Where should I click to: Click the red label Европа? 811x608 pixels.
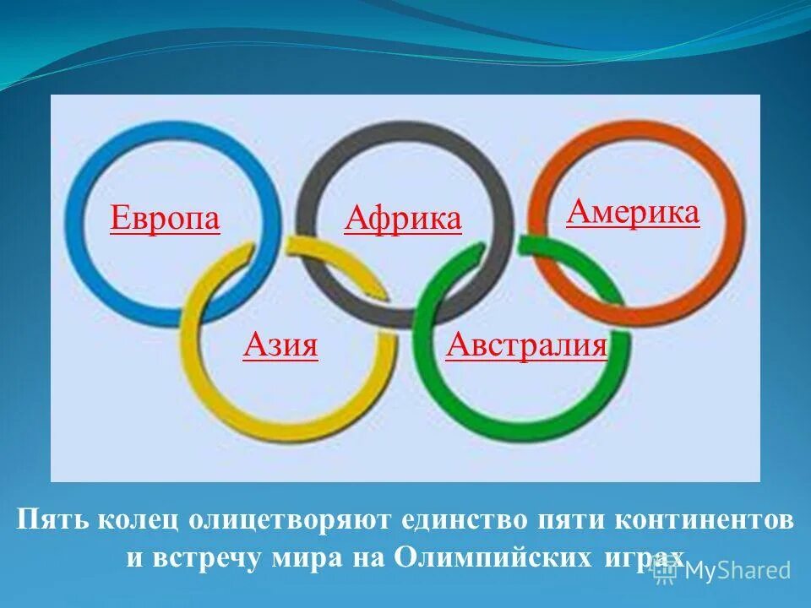(x=165, y=219)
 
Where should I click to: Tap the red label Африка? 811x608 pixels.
(x=403, y=219)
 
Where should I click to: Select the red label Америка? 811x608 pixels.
(x=633, y=212)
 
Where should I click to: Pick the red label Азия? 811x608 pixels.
(x=280, y=345)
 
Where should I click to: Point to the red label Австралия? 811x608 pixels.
(x=526, y=345)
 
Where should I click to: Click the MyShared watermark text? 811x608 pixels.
(x=737, y=570)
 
